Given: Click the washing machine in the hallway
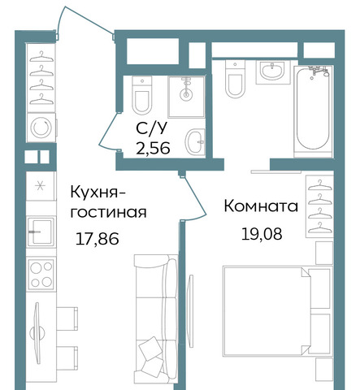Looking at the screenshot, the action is tap(41, 127).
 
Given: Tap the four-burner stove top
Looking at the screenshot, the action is tap(41, 275).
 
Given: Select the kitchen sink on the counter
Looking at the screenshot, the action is tap(41, 232).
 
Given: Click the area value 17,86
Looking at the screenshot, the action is tap(98, 239).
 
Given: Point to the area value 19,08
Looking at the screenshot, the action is tap(262, 234).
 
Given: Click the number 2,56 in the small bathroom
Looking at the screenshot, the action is tap(153, 148).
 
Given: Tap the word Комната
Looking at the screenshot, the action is tap(261, 206).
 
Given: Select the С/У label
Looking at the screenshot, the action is tap(152, 128).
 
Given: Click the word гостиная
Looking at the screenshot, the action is tap(108, 212).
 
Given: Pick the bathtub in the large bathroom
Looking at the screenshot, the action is tap(313, 110).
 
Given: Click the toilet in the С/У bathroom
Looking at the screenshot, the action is tap(142, 95).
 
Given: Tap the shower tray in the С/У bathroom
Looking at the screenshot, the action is tap(186, 97).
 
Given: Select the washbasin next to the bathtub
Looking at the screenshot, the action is tap(272, 71).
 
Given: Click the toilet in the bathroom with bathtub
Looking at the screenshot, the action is tap(235, 79).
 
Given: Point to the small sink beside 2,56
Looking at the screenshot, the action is tap(195, 141).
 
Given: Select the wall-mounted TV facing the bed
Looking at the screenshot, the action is tap(191, 311).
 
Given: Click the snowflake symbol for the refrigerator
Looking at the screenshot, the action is tap(41, 186).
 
